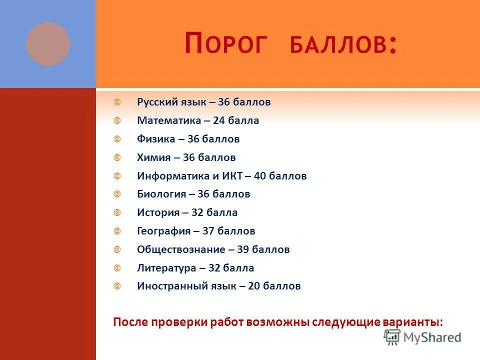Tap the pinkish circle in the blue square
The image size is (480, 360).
[48, 44]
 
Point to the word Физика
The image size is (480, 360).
[156, 139]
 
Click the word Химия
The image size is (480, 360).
[153, 157]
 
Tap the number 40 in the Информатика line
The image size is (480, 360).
[261, 176]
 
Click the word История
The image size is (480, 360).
[158, 212]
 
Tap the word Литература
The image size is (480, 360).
[166, 268]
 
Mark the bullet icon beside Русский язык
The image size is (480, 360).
[117, 102]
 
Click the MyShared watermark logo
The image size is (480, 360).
[423, 337]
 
